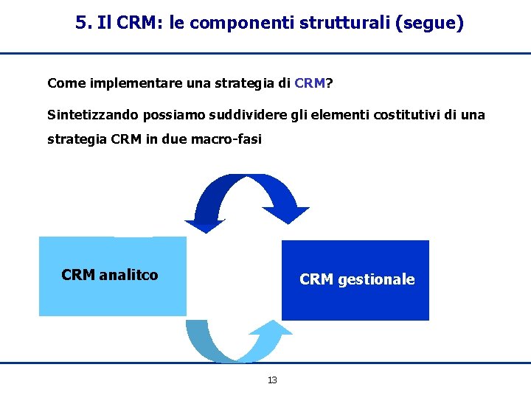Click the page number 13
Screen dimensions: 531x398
(x=272, y=380)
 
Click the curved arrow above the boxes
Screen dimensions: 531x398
(x=247, y=193)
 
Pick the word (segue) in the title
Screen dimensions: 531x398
(x=430, y=24)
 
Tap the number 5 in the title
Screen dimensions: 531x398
(x=80, y=24)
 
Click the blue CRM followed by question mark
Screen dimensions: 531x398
(x=309, y=83)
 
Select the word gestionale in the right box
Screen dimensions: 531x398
(x=376, y=279)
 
